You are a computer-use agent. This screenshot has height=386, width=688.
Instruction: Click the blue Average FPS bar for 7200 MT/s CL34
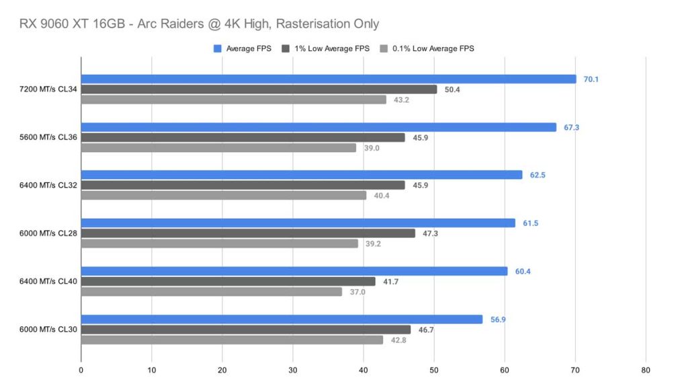pos(329,79)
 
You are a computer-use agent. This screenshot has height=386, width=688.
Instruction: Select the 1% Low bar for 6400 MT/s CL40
pos(228,282)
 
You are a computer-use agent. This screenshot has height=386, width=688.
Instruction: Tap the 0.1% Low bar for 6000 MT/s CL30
pos(232,340)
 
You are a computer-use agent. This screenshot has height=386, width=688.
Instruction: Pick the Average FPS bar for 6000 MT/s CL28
pos(298,223)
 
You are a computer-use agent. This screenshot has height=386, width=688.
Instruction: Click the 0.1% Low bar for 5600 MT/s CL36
pos(218,148)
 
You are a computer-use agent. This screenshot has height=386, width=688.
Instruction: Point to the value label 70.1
pos(591,79)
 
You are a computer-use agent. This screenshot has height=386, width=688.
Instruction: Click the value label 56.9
pos(498,319)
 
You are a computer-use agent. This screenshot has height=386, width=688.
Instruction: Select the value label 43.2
pos(402,100)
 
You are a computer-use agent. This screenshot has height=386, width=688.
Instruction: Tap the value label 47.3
pos(431,233)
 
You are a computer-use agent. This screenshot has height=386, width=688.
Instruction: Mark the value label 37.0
pos(357,292)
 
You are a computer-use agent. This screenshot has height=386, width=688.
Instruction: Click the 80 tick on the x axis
pos(646,370)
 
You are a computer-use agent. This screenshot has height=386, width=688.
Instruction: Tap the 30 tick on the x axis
pos(293,370)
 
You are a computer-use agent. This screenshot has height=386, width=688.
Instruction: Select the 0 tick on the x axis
pos(81,370)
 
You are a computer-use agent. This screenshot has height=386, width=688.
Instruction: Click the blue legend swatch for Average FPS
pos(217,48)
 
